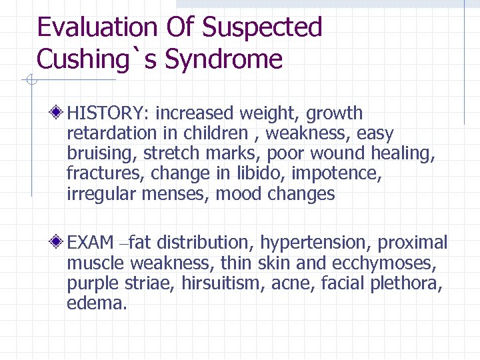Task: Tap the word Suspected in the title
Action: pyautogui.click(x=262, y=27)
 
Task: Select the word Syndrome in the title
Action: pyautogui.click(x=223, y=59)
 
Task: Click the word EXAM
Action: pyautogui.click(x=91, y=243)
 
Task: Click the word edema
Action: pyautogui.click(x=97, y=303)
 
